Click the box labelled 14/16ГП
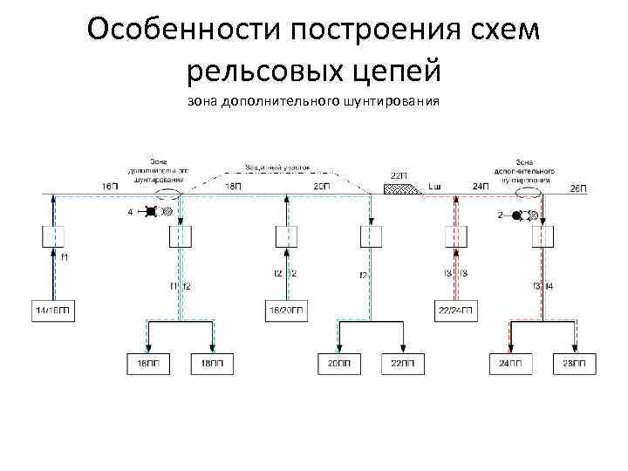[x=52, y=311]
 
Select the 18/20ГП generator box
[x=287, y=311]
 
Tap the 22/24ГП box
[x=456, y=311]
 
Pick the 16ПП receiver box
[x=148, y=362]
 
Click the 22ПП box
[x=403, y=362]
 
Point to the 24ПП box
[x=510, y=362]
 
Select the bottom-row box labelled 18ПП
[x=211, y=362]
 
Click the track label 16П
[x=111, y=187]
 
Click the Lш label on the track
[x=435, y=187]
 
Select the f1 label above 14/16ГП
[x=65, y=257]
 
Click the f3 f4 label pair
[x=543, y=286]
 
